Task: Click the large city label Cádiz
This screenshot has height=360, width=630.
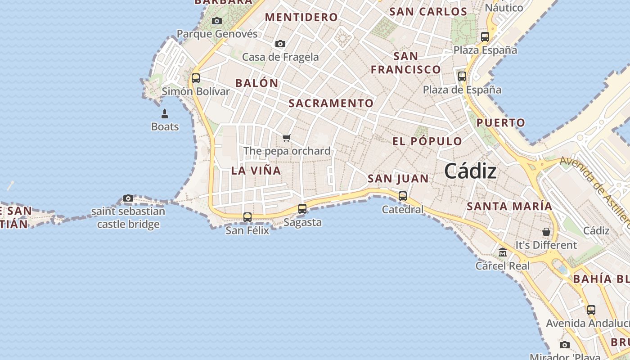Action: click(x=470, y=171)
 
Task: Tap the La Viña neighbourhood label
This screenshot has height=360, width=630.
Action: click(x=256, y=171)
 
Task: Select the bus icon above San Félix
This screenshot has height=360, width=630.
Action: click(x=247, y=217)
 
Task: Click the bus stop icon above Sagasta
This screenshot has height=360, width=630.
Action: click(x=302, y=209)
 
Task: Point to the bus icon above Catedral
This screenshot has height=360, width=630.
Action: click(x=403, y=196)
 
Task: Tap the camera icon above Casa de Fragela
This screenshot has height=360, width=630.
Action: click(x=280, y=44)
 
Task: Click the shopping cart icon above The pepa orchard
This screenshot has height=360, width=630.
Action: click(x=287, y=138)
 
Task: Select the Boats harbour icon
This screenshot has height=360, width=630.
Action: click(x=165, y=113)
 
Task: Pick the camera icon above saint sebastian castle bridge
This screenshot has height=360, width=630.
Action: click(x=128, y=198)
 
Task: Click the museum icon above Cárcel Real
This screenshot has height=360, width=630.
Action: click(x=503, y=252)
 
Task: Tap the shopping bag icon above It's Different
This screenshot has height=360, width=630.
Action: click(x=546, y=232)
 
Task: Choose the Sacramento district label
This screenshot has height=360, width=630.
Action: click(x=331, y=103)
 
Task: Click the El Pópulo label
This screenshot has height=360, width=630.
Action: click(x=427, y=141)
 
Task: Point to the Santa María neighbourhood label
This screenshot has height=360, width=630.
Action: click(x=509, y=206)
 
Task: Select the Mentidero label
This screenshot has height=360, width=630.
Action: click(x=301, y=17)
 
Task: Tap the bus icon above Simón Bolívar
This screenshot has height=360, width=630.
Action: click(x=196, y=78)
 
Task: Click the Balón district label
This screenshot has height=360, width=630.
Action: click(x=257, y=83)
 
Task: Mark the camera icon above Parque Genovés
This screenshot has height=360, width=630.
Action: click(x=217, y=21)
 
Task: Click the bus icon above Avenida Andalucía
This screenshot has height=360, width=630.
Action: click(x=591, y=310)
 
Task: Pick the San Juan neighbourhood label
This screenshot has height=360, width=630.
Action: click(x=398, y=179)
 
